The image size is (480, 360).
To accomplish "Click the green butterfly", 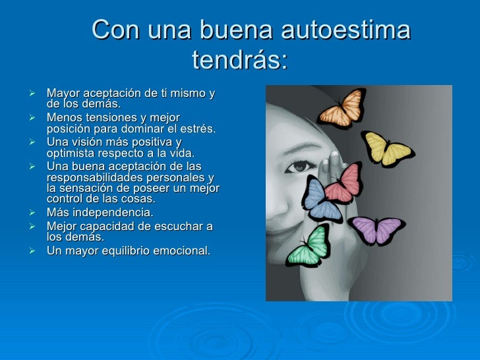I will [310, 245].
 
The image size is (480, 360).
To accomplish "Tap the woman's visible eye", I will [301, 167].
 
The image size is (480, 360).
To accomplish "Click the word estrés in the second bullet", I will [196, 128].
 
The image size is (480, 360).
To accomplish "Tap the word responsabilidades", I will [95, 178].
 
